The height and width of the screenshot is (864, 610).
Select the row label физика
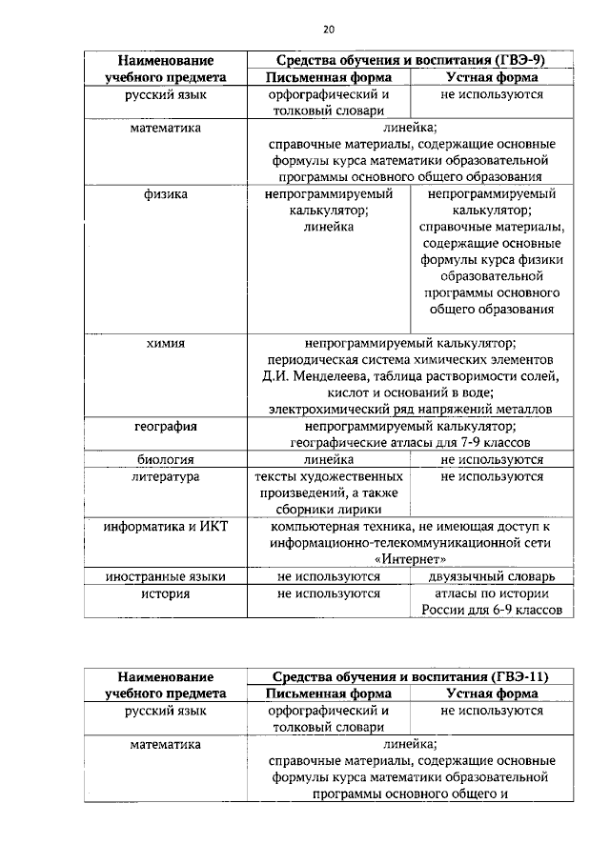(166, 194)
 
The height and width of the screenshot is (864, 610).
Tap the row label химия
(166, 343)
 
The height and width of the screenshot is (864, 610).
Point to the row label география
(166, 426)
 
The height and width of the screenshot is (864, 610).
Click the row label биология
(166, 459)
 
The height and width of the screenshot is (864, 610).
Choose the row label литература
(166, 476)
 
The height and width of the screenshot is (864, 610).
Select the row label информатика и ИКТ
(166, 527)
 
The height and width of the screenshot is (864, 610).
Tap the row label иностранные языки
(166, 576)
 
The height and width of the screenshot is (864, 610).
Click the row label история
(166, 593)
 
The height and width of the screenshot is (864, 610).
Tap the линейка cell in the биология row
(329, 459)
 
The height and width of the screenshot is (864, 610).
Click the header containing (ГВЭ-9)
(410, 60)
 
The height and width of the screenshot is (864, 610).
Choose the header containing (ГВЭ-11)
(410, 675)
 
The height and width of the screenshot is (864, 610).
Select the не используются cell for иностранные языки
(329, 576)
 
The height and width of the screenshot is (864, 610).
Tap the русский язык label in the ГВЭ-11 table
(166, 711)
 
